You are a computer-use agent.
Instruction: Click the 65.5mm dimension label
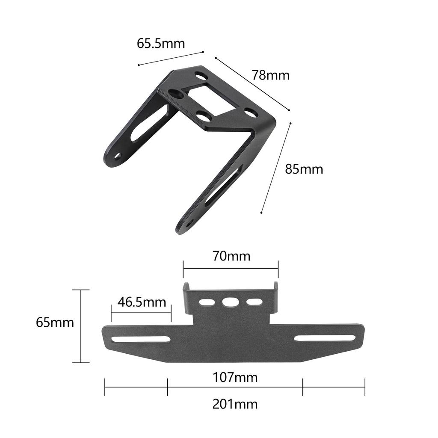161,44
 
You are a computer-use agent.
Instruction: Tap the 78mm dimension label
271,75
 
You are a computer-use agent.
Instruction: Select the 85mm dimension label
304,169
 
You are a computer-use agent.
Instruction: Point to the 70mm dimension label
231,256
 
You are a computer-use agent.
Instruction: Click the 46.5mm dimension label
142,302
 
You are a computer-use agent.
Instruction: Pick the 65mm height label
55,323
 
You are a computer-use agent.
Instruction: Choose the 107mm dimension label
235,377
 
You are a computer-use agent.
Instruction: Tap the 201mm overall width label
235,404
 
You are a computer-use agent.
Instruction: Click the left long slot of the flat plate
141,339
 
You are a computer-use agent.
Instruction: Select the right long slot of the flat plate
325,338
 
